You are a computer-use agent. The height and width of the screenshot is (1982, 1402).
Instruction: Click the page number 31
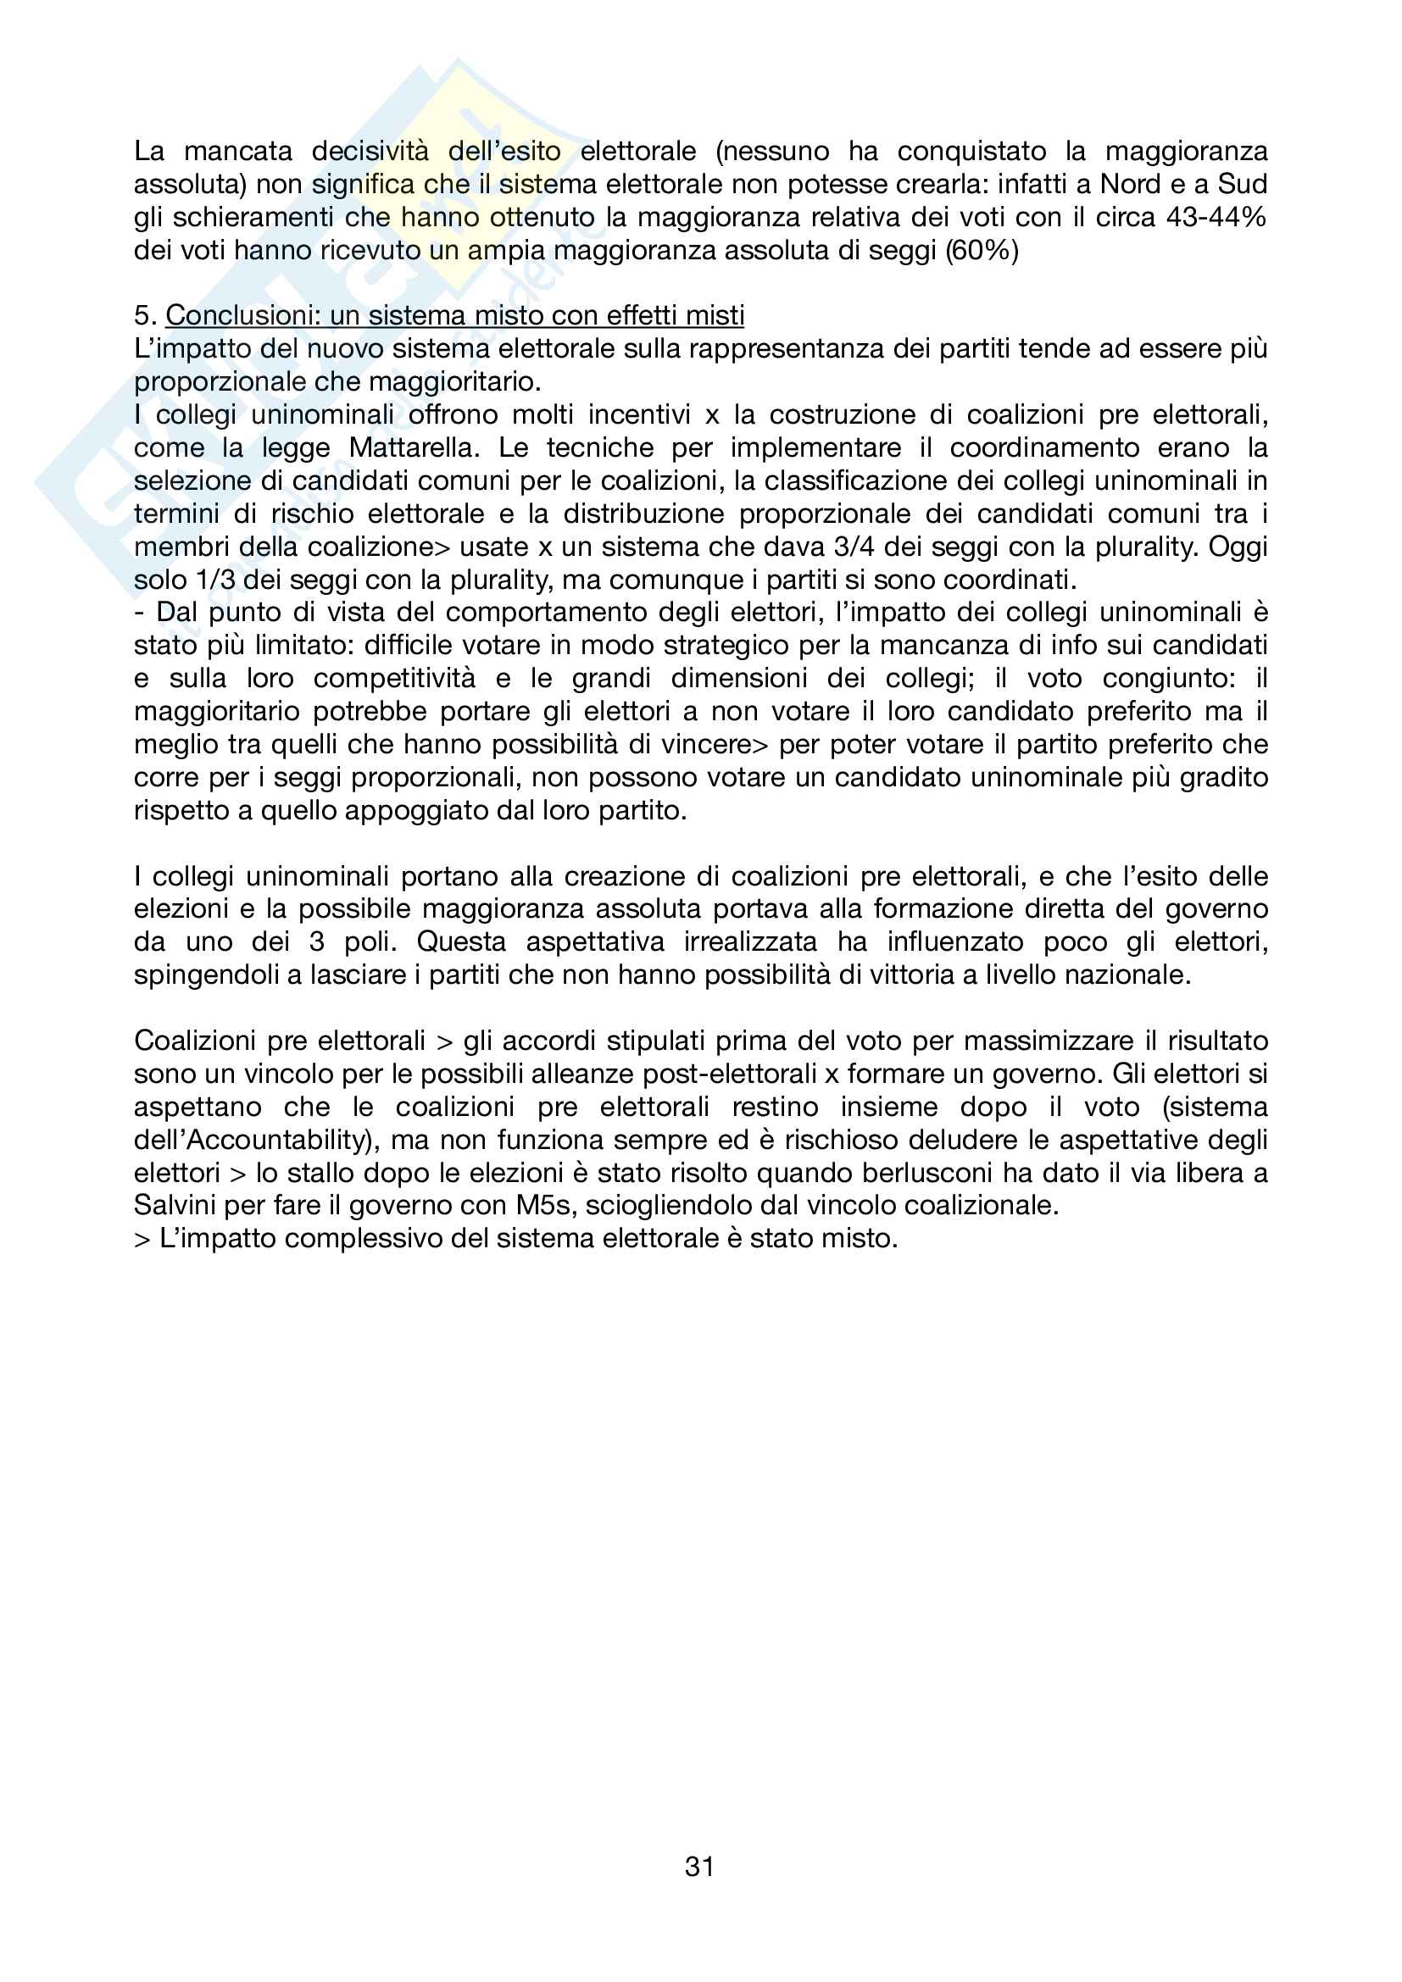pyautogui.click(x=699, y=1866)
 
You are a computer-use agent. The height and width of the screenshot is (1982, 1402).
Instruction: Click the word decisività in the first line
pyautogui.click(x=370, y=151)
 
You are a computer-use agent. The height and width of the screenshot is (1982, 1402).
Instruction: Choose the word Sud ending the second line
pyautogui.click(x=1243, y=184)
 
